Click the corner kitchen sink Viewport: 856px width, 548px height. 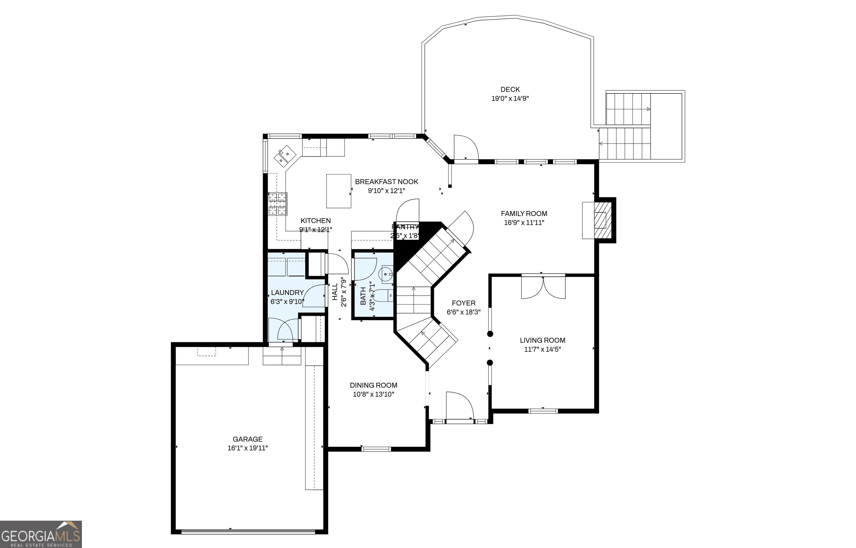[285, 156]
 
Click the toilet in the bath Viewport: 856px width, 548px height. [383, 295]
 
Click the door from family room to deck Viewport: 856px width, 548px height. [466, 148]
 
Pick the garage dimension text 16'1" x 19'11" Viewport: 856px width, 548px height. [247, 448]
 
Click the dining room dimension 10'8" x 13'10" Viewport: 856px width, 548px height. [373, 394]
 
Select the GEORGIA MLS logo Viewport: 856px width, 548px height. [41, 534]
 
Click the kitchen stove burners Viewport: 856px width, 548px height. [277, 204]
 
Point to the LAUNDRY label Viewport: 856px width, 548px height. [287, 292]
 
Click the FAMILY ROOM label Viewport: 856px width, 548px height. [524, 214]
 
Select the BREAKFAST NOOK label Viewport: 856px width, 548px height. [386, 182]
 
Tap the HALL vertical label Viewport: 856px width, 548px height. [335, 292]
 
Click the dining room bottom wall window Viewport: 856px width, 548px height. [376, 449]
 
